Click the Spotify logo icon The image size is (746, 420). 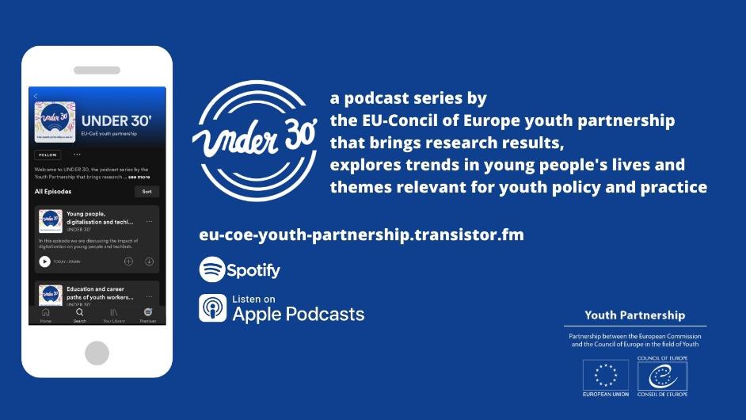[x=211, y=269]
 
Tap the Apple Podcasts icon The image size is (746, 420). [x=212, y=308]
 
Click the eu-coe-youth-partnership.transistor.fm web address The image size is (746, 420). [x=361, y=235]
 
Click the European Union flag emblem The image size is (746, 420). [x=606, y=374]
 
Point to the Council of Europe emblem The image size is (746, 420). [x=661, y=374]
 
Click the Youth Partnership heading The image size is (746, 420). [x=634, y=315]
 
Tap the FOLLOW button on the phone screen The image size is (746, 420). [x=47, y=155]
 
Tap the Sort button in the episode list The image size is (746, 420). [x=147, y=192]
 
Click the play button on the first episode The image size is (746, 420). [x=44, y=262]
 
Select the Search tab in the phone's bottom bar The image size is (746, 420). [x=80, y=314]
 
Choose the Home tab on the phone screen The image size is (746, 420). [x=46, y=314]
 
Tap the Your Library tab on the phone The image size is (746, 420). [x=113, y=314]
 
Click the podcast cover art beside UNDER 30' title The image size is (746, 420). [x=55, y=121]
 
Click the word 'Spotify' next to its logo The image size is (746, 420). [x=253, y=270]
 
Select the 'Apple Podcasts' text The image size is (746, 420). [x=299, y=314]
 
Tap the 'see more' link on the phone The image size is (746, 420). [x=139, y=177]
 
